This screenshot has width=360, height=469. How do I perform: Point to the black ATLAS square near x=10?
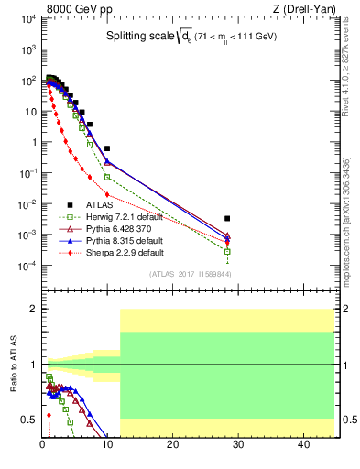pyautogui.click(x=107, y=148)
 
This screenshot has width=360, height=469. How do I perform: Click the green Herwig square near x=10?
pyautogui.click(x=107, y=177)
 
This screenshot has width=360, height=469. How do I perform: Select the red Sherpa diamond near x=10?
pyautogui.click(x=107, y=194)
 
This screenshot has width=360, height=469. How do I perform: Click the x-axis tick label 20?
pyautogui.click(x=173, y=445)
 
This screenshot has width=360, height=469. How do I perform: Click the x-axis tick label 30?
pyautogui.click(x=238, y=445)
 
